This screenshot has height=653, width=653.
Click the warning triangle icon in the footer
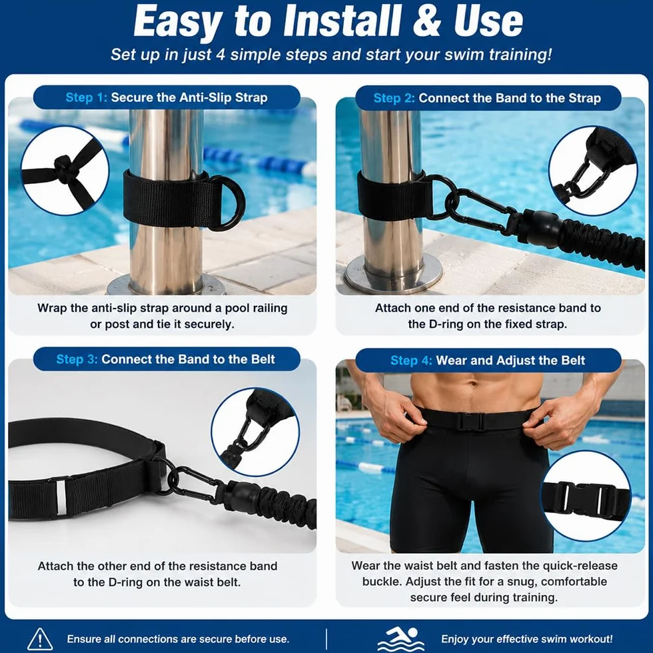[39, 639]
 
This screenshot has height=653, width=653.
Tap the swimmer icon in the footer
[400, 639]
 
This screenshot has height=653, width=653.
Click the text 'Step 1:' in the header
[86, 97]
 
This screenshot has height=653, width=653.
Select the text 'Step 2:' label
[394, 98]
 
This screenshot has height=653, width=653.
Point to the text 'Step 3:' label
[77, 359]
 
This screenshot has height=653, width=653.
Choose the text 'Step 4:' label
[411, 360]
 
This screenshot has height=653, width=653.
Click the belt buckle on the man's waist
[470, 421]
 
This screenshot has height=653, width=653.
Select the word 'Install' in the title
[341, 21]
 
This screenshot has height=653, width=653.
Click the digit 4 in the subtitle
[221, 55]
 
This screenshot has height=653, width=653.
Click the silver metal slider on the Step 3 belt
[61, 498]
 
